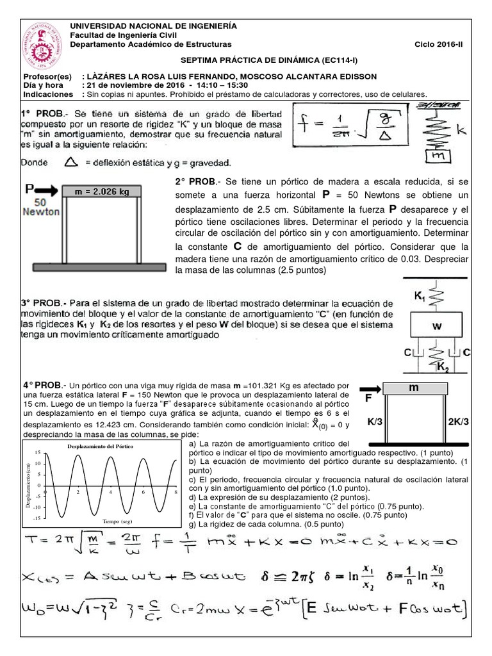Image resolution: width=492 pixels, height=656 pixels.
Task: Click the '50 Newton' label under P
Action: coord(40,206)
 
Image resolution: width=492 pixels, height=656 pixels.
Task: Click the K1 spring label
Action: coord(420,297)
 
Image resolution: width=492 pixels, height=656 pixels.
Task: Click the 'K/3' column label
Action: coord(375,422)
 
